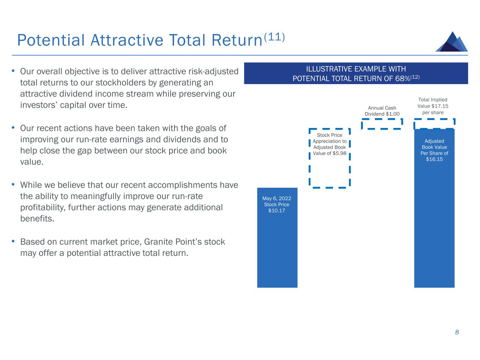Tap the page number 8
click(456, 332)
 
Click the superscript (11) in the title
click(274, 37)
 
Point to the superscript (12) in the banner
click(415, 77)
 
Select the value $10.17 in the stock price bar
click(276, 211)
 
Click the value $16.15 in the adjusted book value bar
click(434, 159)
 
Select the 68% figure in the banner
click(402, 78)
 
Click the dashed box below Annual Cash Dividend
click(382, 124)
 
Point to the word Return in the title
click(237, 40)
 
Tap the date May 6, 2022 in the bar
click(277, 198)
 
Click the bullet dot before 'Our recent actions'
click(13, 127)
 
